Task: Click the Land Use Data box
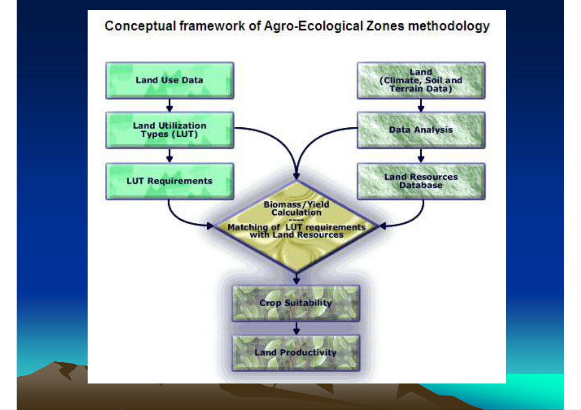pos(170,80)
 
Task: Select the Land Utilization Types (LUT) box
pos(170,130)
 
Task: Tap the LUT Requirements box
pos(170,181)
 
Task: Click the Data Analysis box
pos(421,130)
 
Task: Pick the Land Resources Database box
pos(421,181)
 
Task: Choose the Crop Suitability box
pos(296,303)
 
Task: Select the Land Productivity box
pos(296,353)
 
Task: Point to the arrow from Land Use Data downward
pos(170,105)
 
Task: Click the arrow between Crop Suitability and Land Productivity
pos(297,328)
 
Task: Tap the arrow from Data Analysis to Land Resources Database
pos(421,156)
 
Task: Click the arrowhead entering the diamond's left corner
pos(210,226)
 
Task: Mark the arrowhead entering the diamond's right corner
pos(383,226)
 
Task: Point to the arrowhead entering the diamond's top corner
pos(297,177)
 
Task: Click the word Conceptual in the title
pos(140,26)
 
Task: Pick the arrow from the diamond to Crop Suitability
pos(297,279)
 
